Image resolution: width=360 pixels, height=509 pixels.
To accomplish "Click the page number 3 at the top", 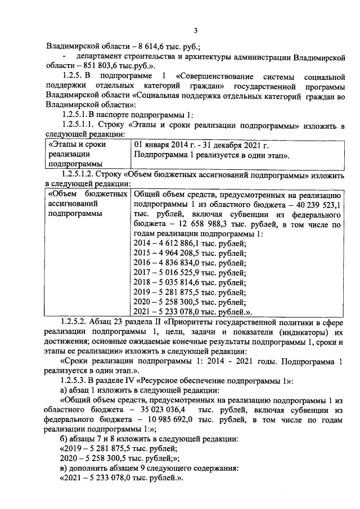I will [179, 30].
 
